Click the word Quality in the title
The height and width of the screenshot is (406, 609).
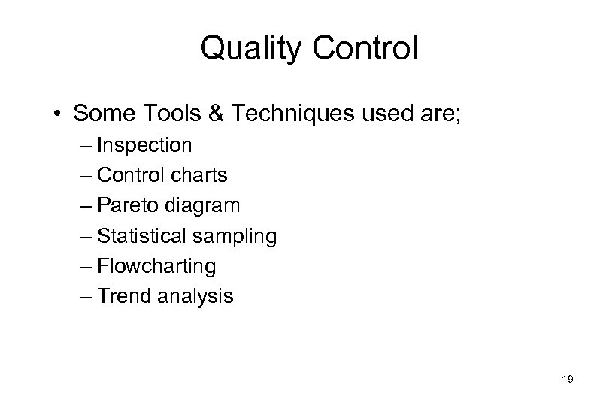(248, 50)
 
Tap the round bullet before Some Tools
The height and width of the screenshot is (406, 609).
(58, 114)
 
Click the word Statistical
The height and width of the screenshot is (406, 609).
(145, 236)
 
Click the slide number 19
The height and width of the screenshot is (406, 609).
(568, 380)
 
